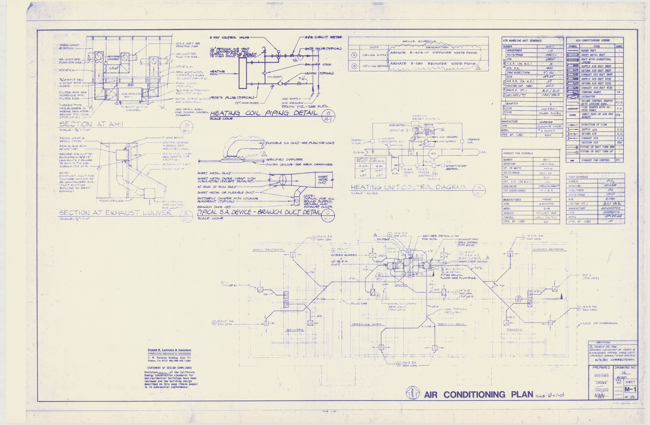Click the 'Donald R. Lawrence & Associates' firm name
click(x=169, y=350)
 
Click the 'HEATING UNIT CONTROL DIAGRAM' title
click(x=408, y=187)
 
